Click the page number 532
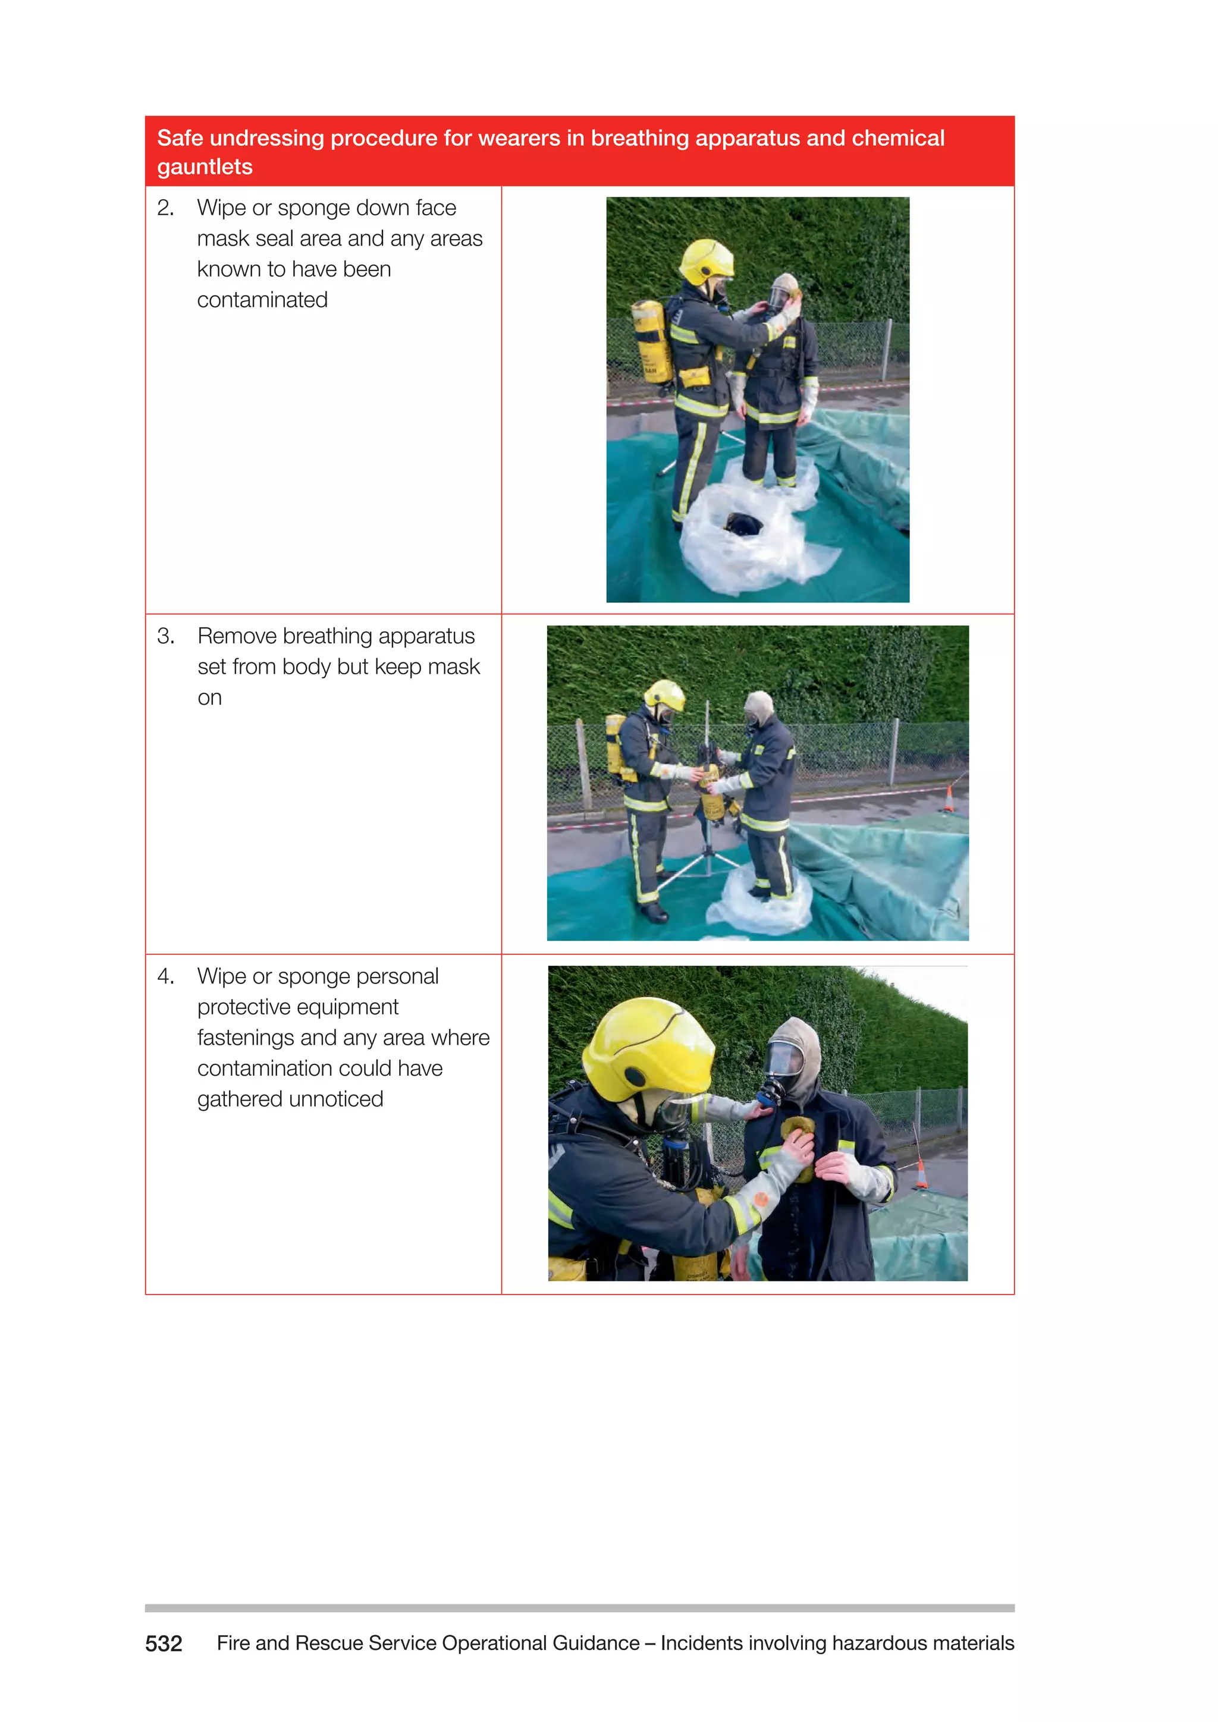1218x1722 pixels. point(164,1644)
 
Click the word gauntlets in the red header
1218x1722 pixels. point(204,166)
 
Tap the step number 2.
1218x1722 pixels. point(165,208)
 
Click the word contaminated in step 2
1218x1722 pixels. point(262,300)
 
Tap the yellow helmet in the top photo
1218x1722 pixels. point(706,259)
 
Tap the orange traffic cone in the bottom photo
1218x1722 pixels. point(922,1174)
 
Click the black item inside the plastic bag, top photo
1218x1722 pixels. point(742,523)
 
